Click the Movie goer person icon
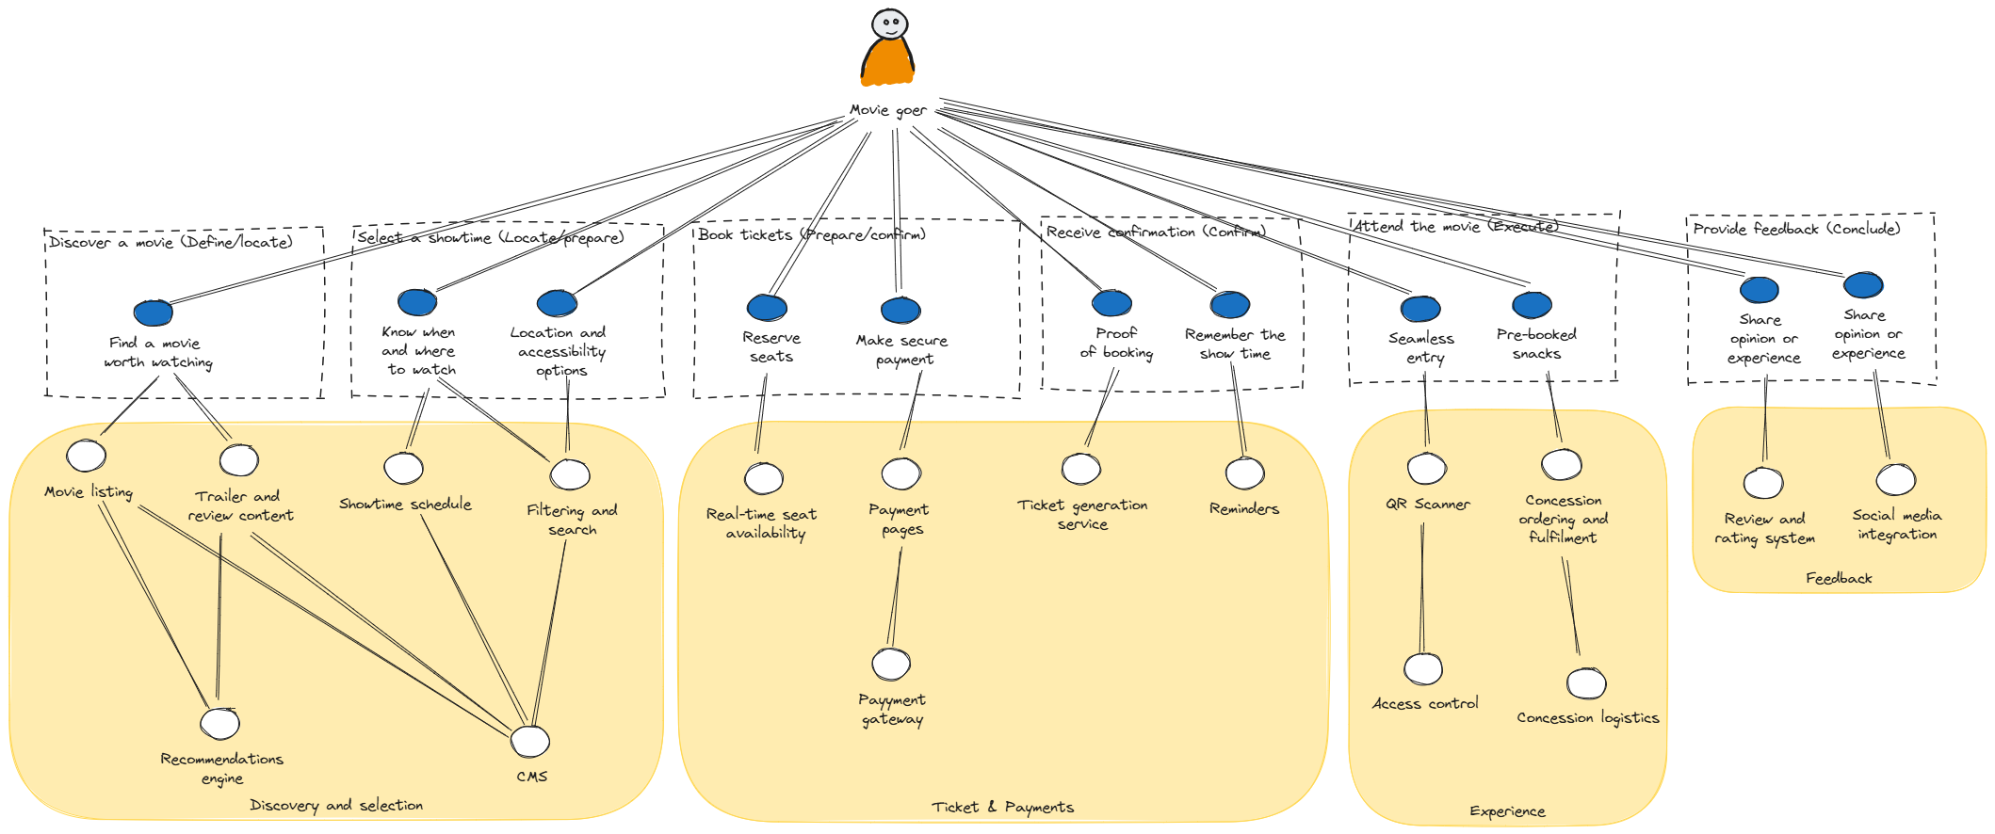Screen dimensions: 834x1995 pos(887,47)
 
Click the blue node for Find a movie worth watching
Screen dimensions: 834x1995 pos(153,313)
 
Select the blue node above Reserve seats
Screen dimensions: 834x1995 pos(767,307)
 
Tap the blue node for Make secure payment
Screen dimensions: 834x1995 pos(900,310)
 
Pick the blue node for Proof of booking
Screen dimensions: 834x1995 pos(1111,303)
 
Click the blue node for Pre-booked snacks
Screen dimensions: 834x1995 pos(1532,305)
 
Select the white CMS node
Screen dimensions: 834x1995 pos(530,742)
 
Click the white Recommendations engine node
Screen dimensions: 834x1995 pos(220,724)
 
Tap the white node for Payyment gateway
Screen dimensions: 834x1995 pos(891,665)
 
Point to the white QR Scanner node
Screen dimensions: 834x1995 pos(1427,468)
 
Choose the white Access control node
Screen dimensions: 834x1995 pos(1423,669)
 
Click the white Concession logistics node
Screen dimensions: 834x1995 pos(1586,683)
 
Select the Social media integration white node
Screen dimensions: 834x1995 pos(1895,480)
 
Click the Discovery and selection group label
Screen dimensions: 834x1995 pos(336,806)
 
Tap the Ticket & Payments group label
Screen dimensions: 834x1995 pos(1002,808)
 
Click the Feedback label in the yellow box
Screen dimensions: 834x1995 pos(1839,579)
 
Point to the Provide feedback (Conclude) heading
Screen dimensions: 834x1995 pos(1796,229)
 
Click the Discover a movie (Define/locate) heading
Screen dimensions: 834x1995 pos(170,243)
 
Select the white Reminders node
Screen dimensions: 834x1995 pos(1244,474)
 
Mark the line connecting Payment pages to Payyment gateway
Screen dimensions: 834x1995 pos(895,598)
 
